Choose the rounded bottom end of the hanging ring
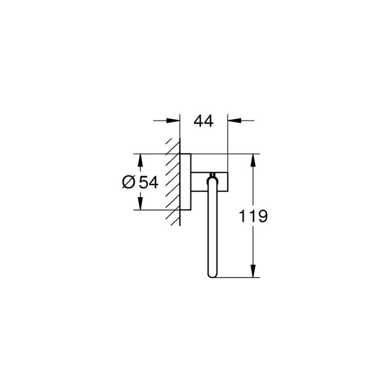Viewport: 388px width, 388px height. tap(212, 274)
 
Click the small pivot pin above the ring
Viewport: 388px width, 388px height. tap(212, 173)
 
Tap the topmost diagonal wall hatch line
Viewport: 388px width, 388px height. tap(169, 142)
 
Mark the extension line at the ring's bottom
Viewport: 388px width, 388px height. tap(237, 277)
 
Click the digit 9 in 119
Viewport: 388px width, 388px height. tap(262, 216)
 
